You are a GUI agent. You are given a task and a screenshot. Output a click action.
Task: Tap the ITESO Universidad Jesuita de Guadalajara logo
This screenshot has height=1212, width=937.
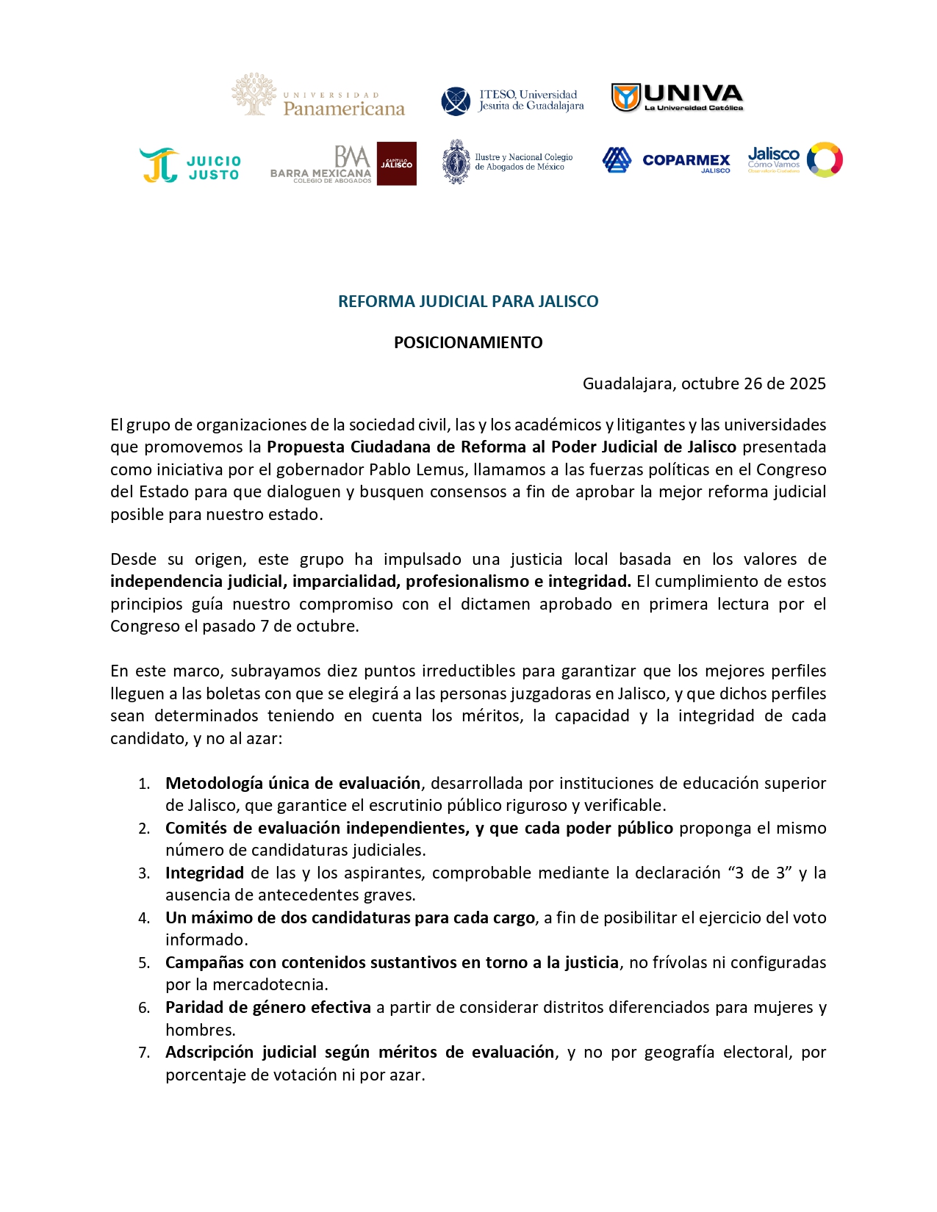[512, 101]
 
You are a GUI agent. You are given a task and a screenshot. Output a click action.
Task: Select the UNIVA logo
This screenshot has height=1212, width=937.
[677, 97]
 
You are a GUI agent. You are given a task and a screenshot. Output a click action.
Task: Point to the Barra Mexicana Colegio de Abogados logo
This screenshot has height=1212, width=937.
[342, 164]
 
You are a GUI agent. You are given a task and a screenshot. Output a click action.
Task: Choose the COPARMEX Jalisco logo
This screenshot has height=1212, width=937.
[666, 160]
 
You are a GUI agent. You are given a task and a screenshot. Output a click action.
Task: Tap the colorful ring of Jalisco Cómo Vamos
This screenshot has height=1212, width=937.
[824, 159]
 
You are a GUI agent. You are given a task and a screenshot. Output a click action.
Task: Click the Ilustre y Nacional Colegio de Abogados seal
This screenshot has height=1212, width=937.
[456, 162]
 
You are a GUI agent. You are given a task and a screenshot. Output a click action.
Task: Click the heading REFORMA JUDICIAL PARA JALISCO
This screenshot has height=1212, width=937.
[468, 301]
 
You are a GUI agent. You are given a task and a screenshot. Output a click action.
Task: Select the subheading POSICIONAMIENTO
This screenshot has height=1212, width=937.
[468, 342]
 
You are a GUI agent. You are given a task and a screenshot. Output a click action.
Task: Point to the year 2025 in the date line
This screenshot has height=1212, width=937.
[807, 383]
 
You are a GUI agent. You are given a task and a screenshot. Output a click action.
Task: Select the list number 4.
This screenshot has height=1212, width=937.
[144, 918]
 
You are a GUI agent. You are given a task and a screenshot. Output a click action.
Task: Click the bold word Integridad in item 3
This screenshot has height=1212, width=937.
[204, 873]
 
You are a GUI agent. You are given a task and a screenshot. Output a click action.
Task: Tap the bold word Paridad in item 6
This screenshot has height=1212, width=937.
[192, 1007]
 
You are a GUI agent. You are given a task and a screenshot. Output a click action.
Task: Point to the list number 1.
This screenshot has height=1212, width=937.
[144, 784]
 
